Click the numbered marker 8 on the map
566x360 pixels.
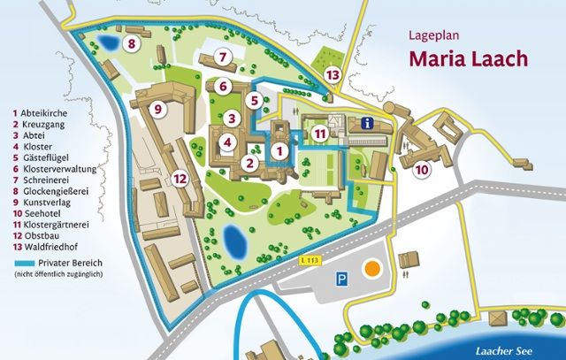tap(131, 43)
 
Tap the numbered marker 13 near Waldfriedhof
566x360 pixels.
tap(333, 75)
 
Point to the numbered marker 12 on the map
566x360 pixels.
tap(180, 178)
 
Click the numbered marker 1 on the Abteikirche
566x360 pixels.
tap(279, 151)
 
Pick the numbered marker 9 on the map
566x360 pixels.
tap(158, 109)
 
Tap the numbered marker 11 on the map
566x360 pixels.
tap(322, 134)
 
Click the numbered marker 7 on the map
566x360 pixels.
tap(224, 57)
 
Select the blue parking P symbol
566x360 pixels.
tap(340, 278)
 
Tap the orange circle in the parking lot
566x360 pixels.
tap(373, 266)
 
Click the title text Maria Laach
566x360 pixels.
tap(467, 59)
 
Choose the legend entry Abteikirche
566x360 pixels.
tap(46, 113)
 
